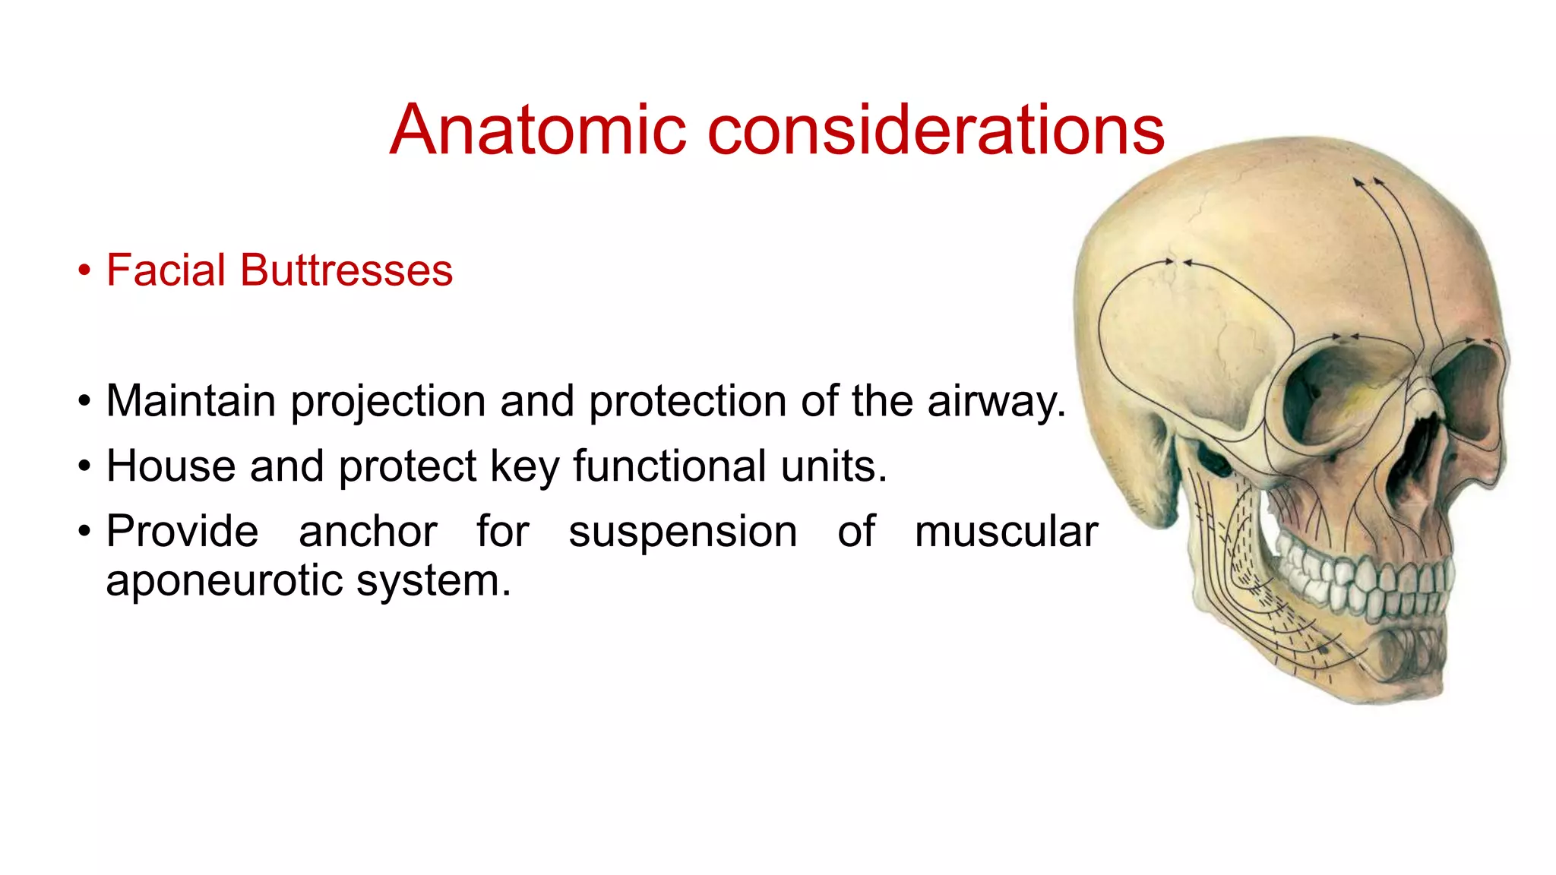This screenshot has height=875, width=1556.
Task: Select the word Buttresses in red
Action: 346,270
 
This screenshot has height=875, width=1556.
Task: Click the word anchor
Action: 368,531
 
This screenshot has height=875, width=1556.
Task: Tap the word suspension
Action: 682,531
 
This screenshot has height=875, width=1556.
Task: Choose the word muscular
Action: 1006,531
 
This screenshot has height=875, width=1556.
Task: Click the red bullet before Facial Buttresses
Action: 84,271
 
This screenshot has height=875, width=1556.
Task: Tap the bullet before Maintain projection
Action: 84,402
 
